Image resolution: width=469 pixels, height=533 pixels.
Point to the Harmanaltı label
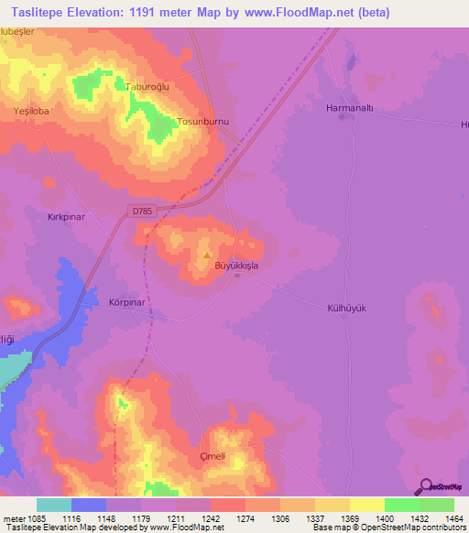(x=351, y=107)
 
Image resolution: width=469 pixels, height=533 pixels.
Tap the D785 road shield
(x=142, y=212)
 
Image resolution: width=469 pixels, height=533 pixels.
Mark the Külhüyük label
(x=347, y=309)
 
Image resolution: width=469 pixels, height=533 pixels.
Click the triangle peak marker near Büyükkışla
(x=207, y=256)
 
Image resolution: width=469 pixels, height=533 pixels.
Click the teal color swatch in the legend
(x=54, y=505)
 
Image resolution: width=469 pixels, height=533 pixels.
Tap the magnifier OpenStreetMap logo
(x=424, y=487)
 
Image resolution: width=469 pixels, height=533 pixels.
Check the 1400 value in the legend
(x=367, y=517)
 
